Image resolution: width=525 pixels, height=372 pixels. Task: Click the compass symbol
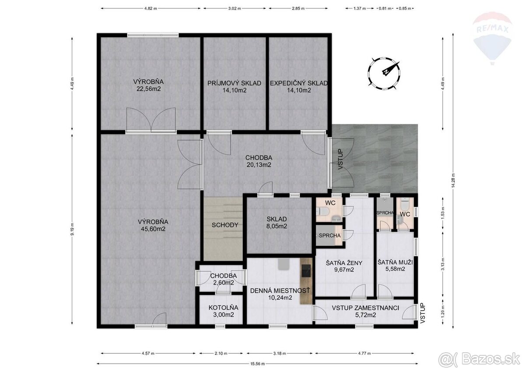[385, 72]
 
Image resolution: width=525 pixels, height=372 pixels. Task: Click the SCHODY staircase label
[225, 225]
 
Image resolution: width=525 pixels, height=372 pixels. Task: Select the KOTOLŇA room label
[221, 307]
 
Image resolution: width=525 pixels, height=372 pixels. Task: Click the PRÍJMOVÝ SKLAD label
[234, 83]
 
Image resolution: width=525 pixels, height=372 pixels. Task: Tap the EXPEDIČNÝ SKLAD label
[298, 83]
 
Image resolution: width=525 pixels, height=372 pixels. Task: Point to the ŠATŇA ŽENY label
[344, 263]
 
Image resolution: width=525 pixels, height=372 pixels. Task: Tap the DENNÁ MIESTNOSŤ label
[280, 291]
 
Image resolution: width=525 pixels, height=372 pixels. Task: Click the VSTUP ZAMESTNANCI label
[365, 308]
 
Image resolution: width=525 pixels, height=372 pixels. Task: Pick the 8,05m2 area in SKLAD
[276, 227]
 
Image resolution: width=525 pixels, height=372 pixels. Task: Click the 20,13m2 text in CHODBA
[259, 165]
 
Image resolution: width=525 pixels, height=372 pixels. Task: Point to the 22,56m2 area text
[149, 89]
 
